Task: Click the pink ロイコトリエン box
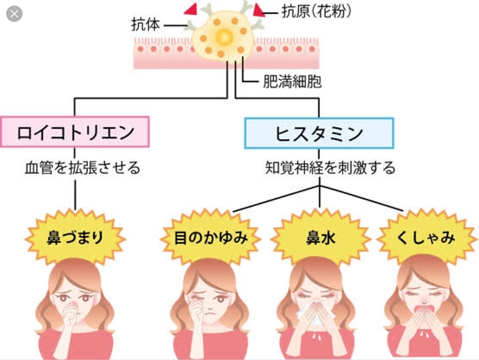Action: (75, 132)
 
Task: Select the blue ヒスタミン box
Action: (319, 132)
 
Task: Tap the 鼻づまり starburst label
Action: (75, 238)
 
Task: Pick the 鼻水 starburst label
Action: (319, 238)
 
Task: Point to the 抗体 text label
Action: (146, 24)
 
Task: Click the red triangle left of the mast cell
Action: (190, 9)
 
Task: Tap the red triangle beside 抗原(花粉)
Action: (258, 10)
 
